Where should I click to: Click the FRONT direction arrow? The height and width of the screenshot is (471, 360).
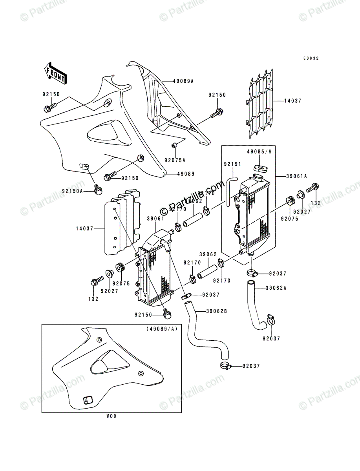pyautogui.click(x=55, y=73)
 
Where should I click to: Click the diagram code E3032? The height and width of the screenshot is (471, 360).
pyautogui.click(x=311, y=58)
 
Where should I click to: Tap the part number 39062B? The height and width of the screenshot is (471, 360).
pyautogui.click(x=216, y=311)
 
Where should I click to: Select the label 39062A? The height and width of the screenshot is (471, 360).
pyautogui.click(x=265, y=288)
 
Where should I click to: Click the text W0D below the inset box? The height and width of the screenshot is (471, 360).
pyautogui.click(x=111, y=416)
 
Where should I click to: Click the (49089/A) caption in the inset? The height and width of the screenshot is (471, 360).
pyautogui.click(x=161, y=329)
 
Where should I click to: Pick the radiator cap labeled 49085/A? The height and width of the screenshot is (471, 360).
pyautogui.click(x=259, y=168)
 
